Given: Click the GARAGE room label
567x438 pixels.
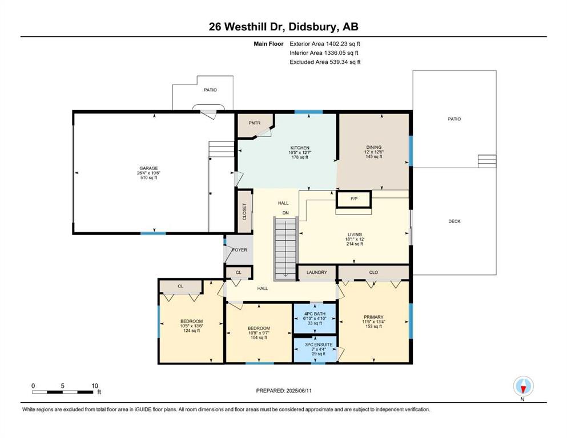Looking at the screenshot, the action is [148, 168].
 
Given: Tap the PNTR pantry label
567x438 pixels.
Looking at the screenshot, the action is [255, 123].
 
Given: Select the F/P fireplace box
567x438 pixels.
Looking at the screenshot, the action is [354, 199].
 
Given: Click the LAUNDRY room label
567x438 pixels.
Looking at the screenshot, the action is [317, 272].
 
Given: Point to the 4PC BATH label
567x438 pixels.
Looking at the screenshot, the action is [315, 314].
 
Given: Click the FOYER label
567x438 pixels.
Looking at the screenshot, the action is [240, 250].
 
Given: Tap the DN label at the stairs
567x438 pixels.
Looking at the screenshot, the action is [285, 213].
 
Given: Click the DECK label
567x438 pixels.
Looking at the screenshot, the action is [455, 221].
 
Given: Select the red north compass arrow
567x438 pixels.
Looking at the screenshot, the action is [523, 390].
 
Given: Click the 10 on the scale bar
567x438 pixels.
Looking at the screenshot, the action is [95, 386].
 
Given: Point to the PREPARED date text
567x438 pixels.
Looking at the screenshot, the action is [284, 390].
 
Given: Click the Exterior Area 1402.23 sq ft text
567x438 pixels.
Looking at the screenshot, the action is [325, 44].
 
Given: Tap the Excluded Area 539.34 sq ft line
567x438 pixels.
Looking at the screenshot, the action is [325, 62].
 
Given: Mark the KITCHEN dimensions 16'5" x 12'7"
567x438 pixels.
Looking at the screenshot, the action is [300, 152].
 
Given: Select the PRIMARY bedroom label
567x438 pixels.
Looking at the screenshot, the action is [373, 317].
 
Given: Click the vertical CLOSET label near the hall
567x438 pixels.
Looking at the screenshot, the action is [244, 212].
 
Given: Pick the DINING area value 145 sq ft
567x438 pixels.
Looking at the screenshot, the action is [374, 156].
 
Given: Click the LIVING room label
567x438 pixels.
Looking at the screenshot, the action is [355, 234].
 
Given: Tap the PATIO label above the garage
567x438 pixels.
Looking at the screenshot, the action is [210, 90].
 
